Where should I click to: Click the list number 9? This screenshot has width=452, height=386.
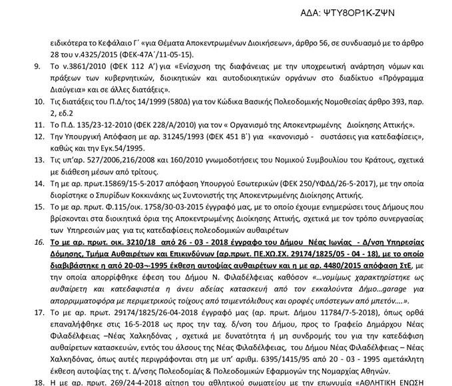point(37,67)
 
